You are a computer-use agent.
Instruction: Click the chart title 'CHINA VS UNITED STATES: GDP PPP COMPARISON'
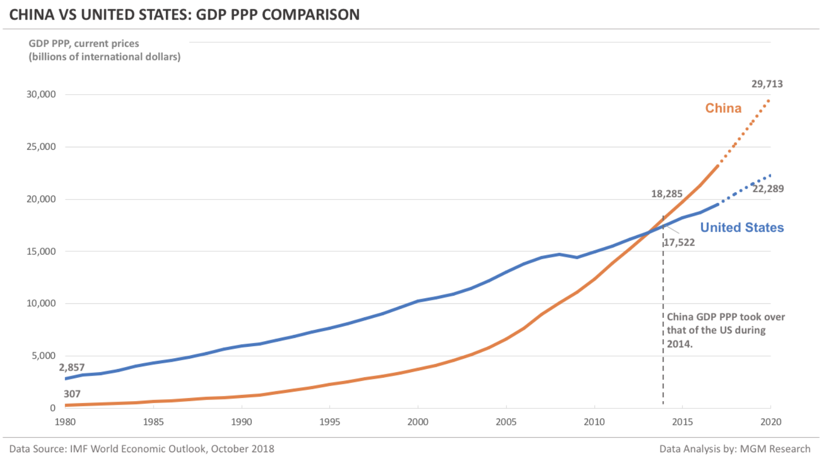coord(184,14)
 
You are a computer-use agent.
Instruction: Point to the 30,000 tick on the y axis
coord(41,94)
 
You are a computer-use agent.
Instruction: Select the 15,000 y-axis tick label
coord(41,251)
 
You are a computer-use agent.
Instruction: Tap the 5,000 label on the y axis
coord(43,356)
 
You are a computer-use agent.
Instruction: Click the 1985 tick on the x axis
coord(153,422)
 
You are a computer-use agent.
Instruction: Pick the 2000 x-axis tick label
coord(418,422)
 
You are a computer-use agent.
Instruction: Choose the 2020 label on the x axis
coord(771,422)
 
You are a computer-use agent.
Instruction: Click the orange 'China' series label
coord(723,108)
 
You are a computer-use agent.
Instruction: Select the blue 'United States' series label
coord(742,227)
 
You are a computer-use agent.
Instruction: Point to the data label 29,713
coord(767,84)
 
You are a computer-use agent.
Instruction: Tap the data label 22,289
coord(768,189)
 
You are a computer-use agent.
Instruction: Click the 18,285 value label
coord(667,194)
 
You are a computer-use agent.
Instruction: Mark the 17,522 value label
coord(679,242)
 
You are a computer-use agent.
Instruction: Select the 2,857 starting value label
coord(71,367)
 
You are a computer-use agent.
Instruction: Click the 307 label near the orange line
coord(72,394)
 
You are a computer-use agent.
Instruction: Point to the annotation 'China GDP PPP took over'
coord(726,317)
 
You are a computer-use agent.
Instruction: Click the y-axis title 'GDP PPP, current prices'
coord(84,43)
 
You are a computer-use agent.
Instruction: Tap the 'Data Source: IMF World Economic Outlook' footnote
coord(142,449)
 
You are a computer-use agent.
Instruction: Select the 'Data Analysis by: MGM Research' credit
coord(734,449)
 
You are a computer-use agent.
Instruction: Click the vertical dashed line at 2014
coord(663,336)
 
